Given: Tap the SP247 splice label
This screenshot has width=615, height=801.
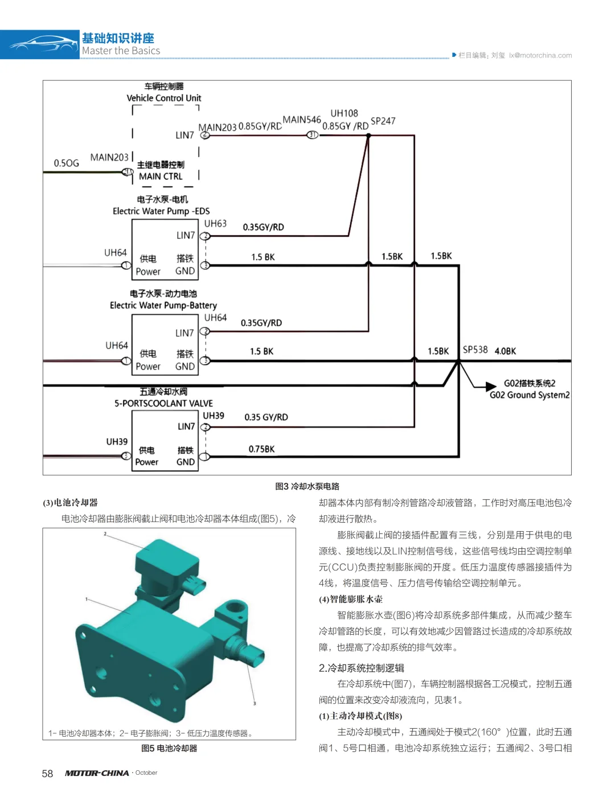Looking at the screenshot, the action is coord(383,121).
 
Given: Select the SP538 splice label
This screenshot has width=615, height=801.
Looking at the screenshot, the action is coord(475,350).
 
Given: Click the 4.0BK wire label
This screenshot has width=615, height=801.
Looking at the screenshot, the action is coord(505,351).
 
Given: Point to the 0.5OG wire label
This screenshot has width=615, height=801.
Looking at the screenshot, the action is coord(67,163).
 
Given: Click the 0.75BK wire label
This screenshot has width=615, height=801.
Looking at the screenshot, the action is coord(261,449).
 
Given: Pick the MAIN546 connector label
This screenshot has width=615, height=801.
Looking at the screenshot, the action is coord(302,120).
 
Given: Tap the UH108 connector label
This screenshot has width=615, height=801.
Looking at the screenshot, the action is coord(344,113).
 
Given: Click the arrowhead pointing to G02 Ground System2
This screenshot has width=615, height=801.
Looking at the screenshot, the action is coord(491,387).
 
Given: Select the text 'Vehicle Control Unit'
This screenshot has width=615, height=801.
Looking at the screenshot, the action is coord(163,98).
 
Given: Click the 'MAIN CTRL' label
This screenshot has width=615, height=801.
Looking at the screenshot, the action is coord(161,176).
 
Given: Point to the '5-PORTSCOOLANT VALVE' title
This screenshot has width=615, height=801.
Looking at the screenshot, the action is coord(163,403).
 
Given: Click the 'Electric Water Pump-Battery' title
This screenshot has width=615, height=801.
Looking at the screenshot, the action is coord(163,305).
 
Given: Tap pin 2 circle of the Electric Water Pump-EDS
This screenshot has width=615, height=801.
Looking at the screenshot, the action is coord(205,236).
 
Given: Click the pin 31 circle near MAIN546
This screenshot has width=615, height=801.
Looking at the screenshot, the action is coord(312,135).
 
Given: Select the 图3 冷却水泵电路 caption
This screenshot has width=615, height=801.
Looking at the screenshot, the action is coord(307,486).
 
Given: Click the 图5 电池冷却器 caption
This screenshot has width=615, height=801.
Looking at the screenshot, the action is coord(169,748).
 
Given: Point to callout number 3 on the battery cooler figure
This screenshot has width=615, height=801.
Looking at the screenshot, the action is coord(255,703).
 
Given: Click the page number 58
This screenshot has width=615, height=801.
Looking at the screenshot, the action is coord(47,773).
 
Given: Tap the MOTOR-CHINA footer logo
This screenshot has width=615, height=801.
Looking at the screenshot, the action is coord(97,773).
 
